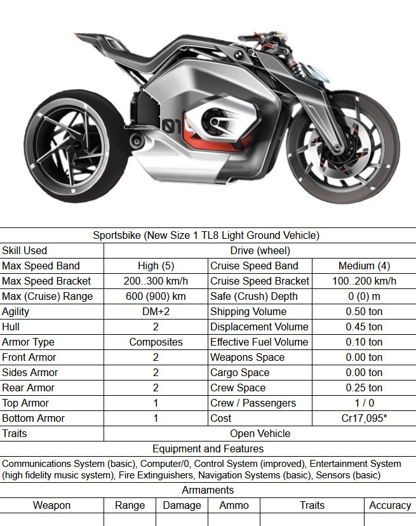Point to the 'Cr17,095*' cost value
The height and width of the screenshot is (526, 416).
364,418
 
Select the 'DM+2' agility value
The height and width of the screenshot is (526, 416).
156,311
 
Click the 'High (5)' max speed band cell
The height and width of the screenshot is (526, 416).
156,266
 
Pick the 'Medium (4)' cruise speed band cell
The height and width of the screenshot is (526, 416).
364,266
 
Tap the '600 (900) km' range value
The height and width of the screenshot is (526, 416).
156,296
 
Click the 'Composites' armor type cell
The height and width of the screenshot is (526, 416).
156,342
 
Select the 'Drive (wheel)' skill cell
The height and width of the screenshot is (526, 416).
260,250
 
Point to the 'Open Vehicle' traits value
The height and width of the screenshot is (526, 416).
260,433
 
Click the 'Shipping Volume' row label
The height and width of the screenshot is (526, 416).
248,311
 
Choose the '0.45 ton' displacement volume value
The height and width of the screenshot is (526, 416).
364,327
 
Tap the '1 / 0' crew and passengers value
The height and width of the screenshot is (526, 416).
364,403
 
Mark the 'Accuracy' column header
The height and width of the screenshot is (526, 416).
390,506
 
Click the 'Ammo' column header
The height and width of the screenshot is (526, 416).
234,506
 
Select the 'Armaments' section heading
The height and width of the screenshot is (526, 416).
208,490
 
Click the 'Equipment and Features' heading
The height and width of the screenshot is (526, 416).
208,448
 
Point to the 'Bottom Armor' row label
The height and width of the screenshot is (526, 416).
33,418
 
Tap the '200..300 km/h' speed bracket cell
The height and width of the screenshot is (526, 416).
156,281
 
